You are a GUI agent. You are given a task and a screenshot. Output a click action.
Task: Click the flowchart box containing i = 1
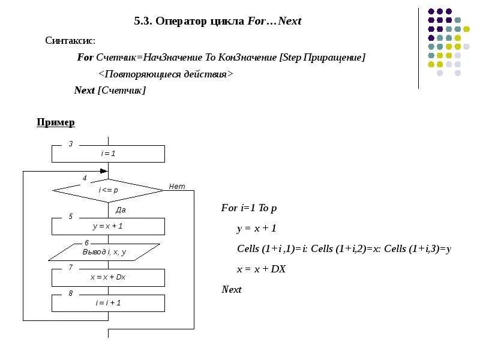(x=108, y=154)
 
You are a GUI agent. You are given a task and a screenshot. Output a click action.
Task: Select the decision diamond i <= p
(x=108, y=190)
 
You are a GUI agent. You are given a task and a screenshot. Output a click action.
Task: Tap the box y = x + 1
(x=108, y=226)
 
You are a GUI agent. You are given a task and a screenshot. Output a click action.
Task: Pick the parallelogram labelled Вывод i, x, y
(x=104, y=252)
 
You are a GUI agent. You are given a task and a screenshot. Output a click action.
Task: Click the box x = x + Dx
(x=108, y=277)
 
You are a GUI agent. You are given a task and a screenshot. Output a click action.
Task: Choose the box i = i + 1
(x=108, y=303)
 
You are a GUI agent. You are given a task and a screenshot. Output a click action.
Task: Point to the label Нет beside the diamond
(x=177, y=187)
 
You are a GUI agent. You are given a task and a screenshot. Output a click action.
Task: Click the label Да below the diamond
(x=120, y=210)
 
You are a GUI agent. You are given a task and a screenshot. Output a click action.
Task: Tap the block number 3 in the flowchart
(x=71, y=144)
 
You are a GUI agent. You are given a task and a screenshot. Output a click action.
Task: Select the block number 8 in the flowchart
(x=71, y=293)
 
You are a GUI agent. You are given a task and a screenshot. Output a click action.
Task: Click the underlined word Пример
(x=56, y=122)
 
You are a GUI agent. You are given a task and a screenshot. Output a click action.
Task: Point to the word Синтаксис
(x=70, y=41)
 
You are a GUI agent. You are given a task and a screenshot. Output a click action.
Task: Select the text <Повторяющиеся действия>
(x=165, y=74)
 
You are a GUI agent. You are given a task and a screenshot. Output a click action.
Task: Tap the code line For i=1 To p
(x=249, y=208)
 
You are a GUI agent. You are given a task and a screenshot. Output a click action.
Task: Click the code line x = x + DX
(x=261, y=269)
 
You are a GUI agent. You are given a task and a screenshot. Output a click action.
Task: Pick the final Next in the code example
(x=232, y=290)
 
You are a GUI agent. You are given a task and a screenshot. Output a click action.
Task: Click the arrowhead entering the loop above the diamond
(x=104, y=171)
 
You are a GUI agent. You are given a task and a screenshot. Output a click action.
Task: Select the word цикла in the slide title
(x=227, y=22)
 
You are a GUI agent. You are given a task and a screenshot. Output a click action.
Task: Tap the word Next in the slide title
(x=290, y=22)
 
